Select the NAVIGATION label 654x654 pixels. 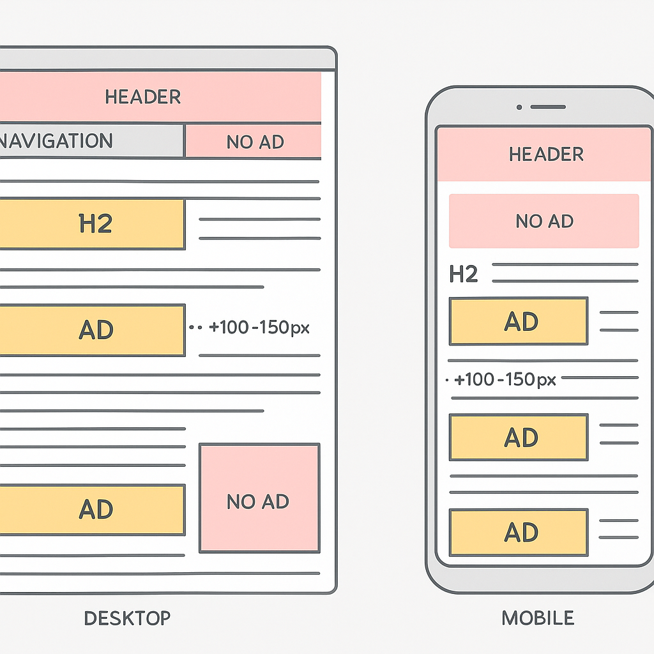pos(56,141)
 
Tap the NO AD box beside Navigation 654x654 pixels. pos(254,142)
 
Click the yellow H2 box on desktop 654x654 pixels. pos(92,224)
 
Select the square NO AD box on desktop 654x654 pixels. pos(259,498)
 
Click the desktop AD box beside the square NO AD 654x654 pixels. pos(92,510)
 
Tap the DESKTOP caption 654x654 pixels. pos(127,618)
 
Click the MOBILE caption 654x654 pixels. pos(537,618)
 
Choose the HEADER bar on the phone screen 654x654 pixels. pos(545,154)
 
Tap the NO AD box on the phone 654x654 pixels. pos(544,221)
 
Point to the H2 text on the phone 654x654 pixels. pos(464,275)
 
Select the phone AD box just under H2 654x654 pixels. pos(519,321)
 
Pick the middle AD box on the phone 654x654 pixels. pos(519,437)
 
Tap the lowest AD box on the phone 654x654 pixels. pos(519,532)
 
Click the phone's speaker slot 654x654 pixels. pos(547,107)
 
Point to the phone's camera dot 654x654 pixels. pos(519,107)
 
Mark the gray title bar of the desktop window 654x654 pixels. pos(166,59)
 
